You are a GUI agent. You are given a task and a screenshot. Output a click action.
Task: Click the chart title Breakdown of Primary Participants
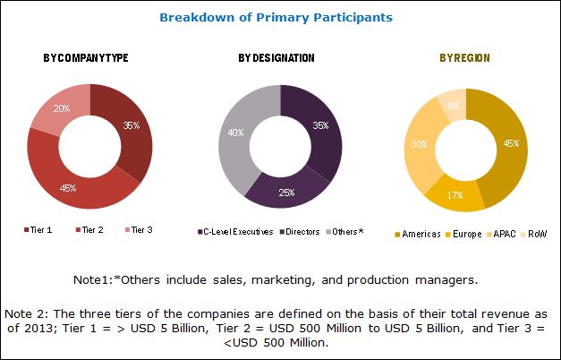pyautogui.click(x=276, y=17)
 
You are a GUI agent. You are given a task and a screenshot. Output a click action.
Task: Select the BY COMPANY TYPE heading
pyautogui.click(x=86, y=58)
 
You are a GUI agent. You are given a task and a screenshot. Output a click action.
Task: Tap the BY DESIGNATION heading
pyautogui.click(x=276, y=58)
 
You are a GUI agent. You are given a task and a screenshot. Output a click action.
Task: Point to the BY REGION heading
pyautogui.click(x=464, y=58)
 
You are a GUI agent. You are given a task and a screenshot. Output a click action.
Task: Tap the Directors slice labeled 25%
pyautogui.click(x=288, y=190)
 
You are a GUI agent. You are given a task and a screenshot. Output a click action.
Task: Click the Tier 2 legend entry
pyautogui.click(x=90, y=230)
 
